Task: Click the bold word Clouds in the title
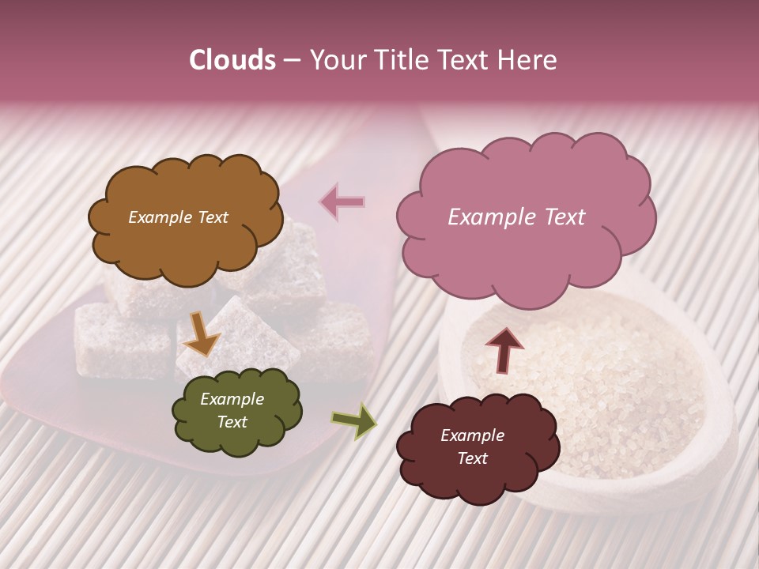click(x=232, y=60)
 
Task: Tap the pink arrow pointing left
click(x=342, y=202)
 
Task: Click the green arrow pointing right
click(x=353, y=420)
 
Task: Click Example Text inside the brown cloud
click(x=178, y=217)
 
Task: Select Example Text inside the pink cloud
click(x=516, y=217)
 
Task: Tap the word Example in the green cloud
click(x=232, y=399)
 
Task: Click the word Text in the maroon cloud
click(x=472, y=458)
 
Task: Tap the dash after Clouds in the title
click(x=291, y=60)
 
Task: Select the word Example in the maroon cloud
click(x=472, y=435)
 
